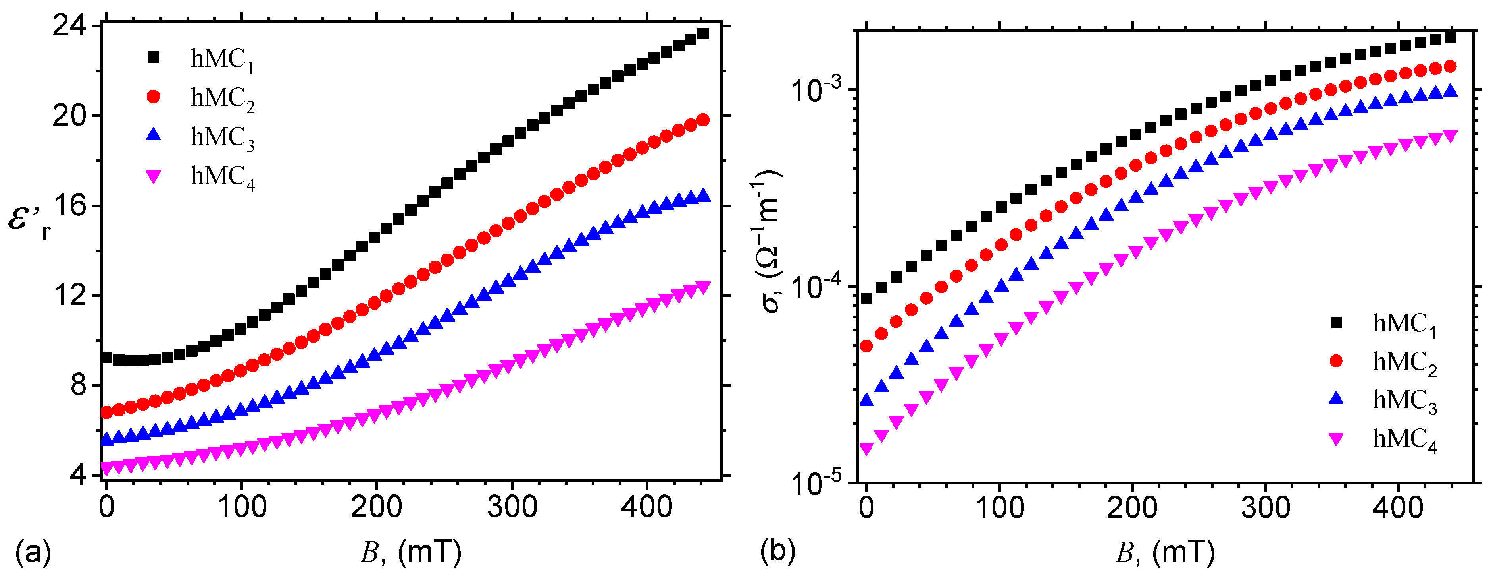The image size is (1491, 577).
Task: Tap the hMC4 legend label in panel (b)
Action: pyautogui.click(x=1405, y=440)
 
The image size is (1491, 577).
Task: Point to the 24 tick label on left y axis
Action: pyautogui.click(x=69, y=26)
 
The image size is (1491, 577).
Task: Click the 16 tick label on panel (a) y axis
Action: pyautogui.click(x=69, y=206)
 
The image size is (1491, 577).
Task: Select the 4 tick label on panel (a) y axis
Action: pyautogui.click(x=78, y=475)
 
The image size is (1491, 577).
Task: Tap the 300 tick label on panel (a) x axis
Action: pyautogui.click(x=512, y=507)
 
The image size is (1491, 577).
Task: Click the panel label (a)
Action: pyautogui.click(x=33, y=552)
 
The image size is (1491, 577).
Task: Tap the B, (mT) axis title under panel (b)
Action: pyautogui.click(x=1164, y=553)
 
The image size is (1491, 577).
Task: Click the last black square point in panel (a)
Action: pyautogui.click(x=703, y=33)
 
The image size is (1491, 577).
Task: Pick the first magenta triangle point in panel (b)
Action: pyautogui.click(x=866, y=449)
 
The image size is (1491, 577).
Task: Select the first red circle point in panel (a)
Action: pyautogui.click(x=106, y=412)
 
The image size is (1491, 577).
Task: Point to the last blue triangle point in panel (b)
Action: pyautogui.click(x=1451, y=91)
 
